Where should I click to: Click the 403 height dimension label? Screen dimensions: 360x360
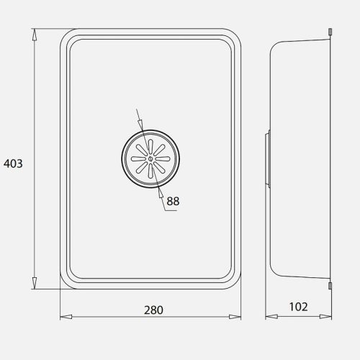(13, 163)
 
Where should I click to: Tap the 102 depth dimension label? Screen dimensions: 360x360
(297, 307)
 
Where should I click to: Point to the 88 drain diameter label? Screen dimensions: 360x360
(173, 202)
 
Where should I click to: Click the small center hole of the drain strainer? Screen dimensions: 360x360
(149, 158)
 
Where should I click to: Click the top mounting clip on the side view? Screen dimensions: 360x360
(330, 32)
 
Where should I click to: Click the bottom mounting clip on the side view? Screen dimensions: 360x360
(330, 286)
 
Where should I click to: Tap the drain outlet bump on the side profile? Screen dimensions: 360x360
(268, 158)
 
